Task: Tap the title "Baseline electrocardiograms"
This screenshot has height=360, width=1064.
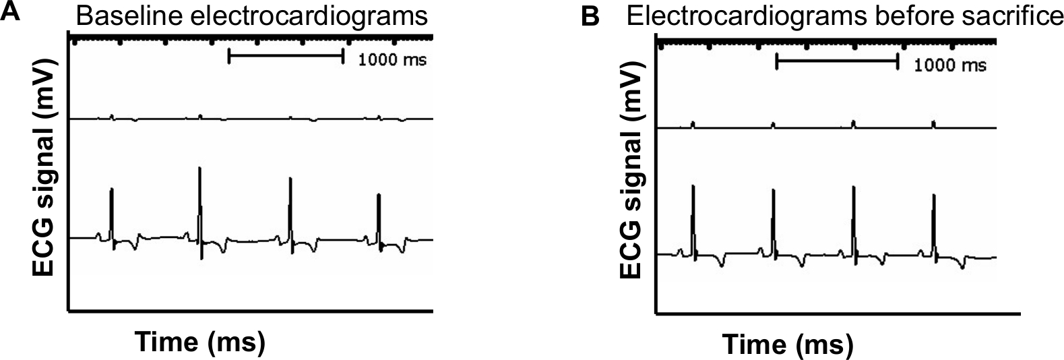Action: tap(252, 16)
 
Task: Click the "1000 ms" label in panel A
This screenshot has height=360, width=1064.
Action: tap(392, 60)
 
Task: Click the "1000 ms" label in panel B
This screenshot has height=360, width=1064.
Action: tap(950, 65)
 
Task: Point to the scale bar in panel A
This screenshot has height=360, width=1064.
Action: tap(286, 56)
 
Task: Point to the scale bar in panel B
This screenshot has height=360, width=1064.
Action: tap(837, 62)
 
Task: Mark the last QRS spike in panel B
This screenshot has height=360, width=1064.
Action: tap(933, 222)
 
